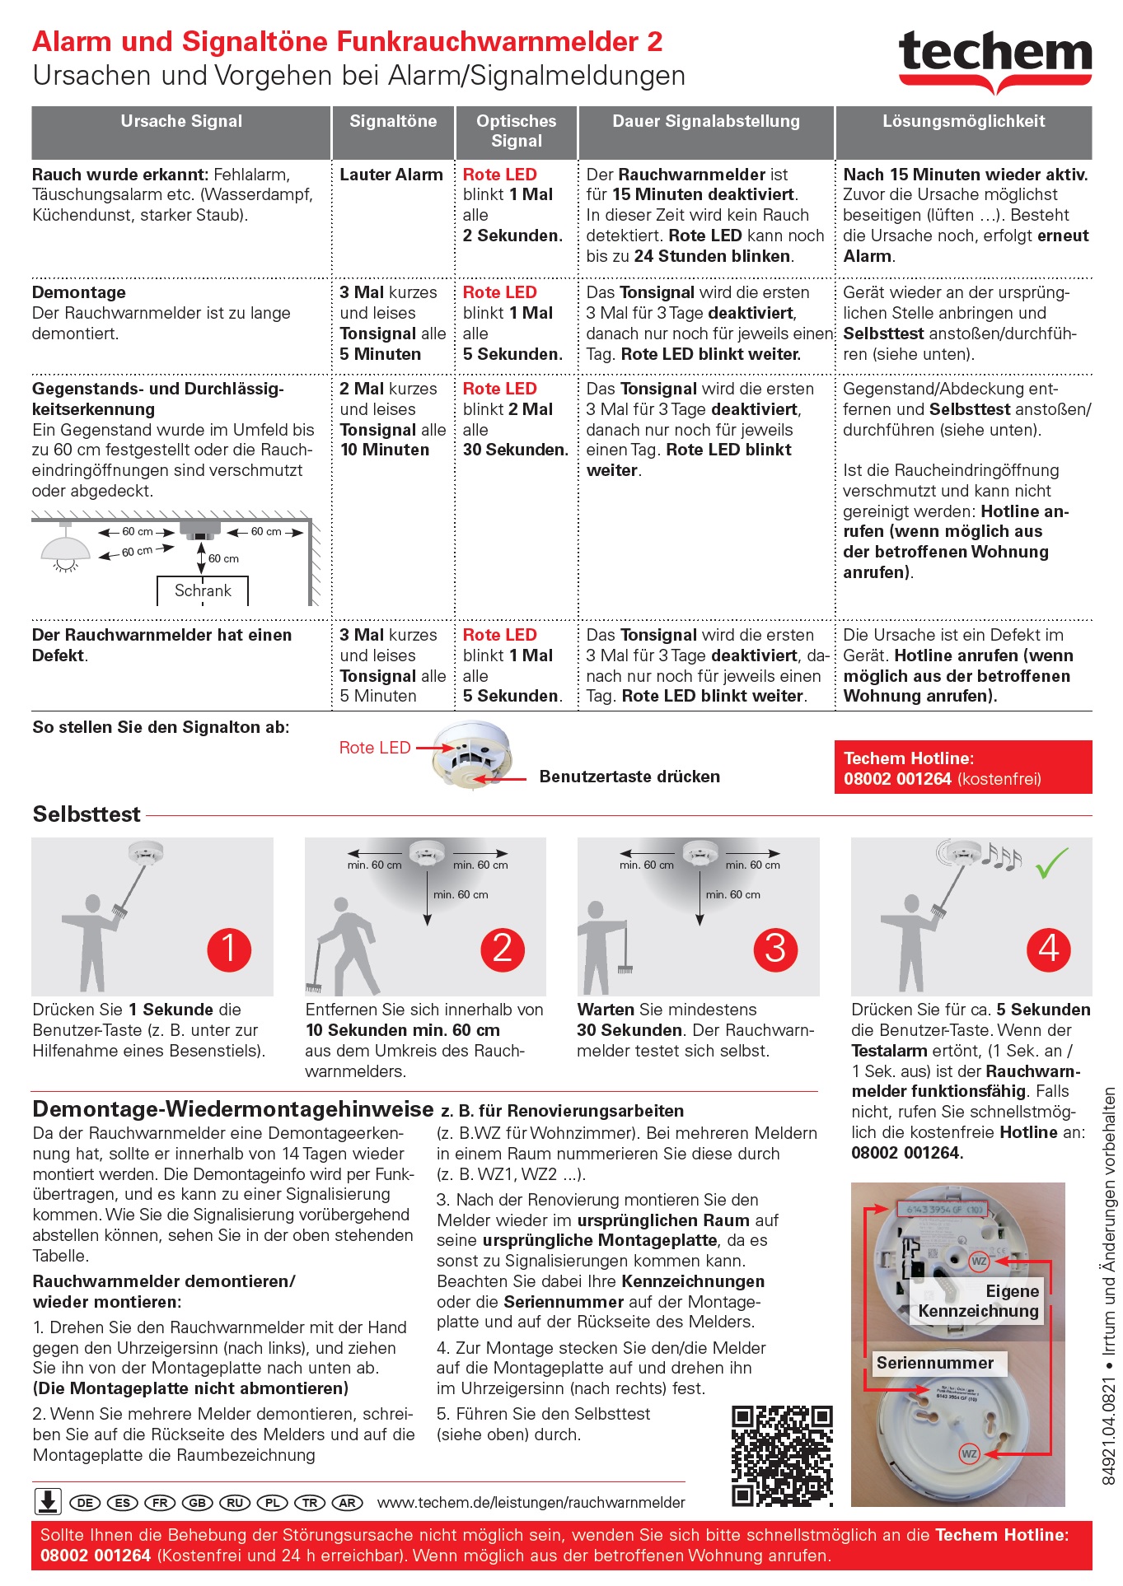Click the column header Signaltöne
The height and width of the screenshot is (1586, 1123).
click(x=393, y=122)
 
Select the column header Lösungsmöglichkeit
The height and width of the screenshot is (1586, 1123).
click(x=963, y=122)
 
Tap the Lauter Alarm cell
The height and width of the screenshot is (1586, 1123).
click(x=391, y=175)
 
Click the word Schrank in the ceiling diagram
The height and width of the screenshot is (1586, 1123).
click(x=203, y=590)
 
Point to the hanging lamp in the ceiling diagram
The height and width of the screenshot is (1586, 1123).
click(x=65, y=548)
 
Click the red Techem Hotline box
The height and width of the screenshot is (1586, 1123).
click(x=962, y=767)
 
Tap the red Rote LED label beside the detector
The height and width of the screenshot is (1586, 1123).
click(x=375, y=748)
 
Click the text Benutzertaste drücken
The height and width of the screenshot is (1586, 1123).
click(x=629, y=777)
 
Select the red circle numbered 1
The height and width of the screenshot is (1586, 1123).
click(x=228, y=949)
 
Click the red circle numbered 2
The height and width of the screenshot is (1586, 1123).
click(x=502, y=949)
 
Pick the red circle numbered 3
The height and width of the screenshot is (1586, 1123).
click(x=775, y=949)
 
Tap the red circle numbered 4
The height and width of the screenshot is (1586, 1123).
click(x=1048, y=949)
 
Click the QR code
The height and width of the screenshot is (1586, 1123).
click(x=782, y=1456)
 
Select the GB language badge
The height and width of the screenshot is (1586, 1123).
click(x=198, y=1503)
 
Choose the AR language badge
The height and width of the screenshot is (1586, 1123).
click(x=348, y=1503)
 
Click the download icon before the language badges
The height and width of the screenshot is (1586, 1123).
click(x=48, y=1501)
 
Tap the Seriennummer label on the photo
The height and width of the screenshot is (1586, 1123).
click(x=934, y=1363)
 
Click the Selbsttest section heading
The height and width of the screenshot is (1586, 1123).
click(x=87, y=814)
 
